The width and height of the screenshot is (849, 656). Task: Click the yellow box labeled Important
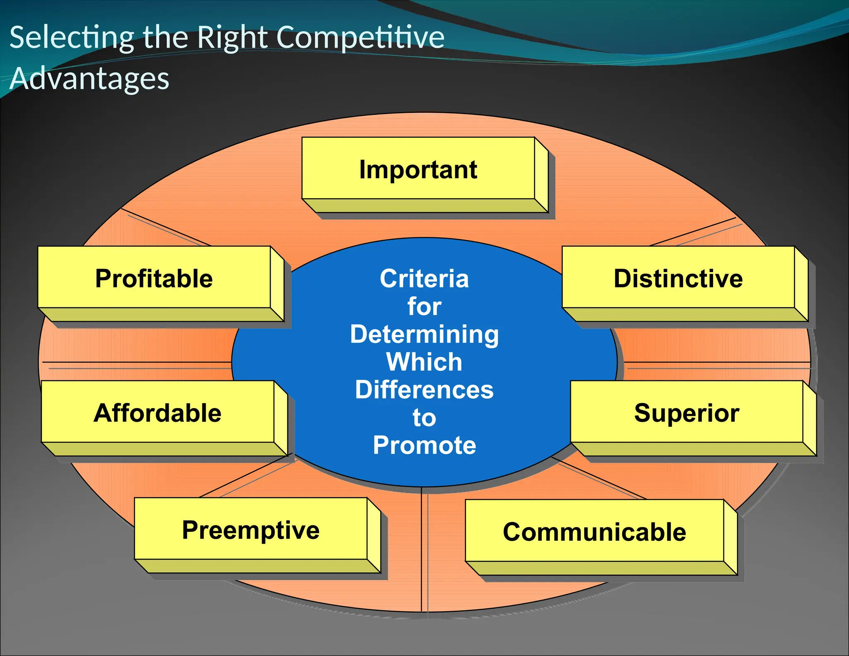418,169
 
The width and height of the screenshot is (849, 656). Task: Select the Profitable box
154,278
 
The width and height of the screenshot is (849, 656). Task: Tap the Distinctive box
678,278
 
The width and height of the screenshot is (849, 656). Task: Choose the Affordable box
158,413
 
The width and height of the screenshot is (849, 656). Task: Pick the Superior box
686,413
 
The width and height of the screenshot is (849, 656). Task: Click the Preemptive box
251,530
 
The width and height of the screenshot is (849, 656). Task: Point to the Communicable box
594,532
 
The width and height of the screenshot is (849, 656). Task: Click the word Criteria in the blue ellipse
424,278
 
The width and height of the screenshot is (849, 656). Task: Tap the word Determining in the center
424,334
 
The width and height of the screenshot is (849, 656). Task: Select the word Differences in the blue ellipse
424,390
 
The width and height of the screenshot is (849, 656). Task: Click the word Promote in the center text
424,445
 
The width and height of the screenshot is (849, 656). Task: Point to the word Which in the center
424,362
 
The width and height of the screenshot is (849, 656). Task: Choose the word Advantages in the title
90,79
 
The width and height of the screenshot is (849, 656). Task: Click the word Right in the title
232,37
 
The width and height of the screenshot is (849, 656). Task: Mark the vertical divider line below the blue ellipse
422,547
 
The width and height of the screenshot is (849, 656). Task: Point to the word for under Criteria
424,306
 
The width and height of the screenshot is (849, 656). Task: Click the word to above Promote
424,417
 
